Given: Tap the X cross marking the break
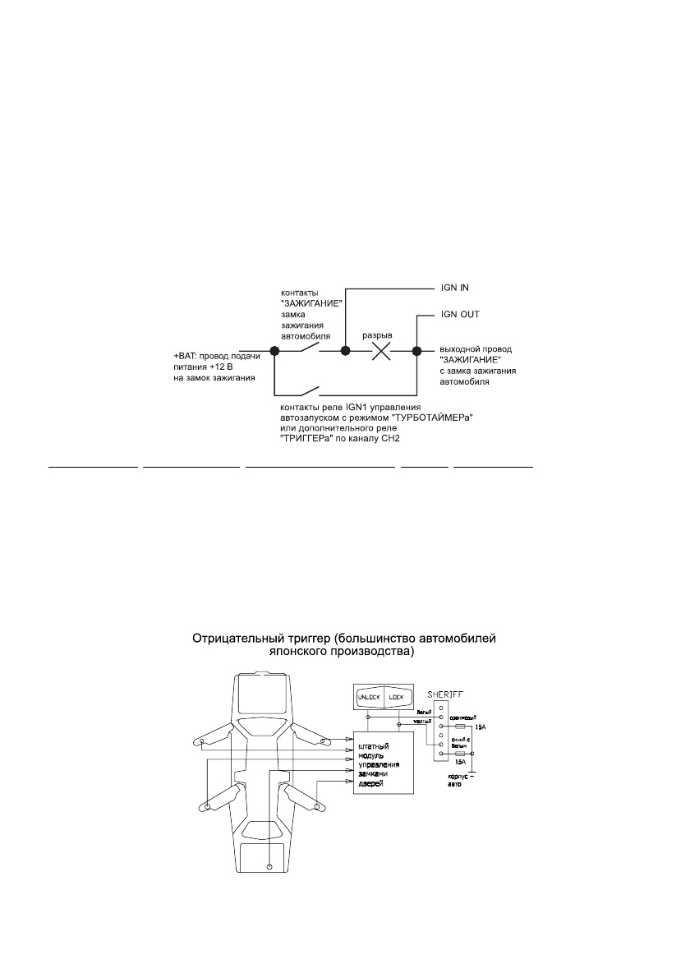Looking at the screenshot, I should [381, 351].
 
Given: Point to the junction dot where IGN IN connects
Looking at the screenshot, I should [346, 351].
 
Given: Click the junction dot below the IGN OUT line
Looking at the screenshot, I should [416, 351].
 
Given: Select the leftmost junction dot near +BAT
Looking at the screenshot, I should [274, 351].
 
